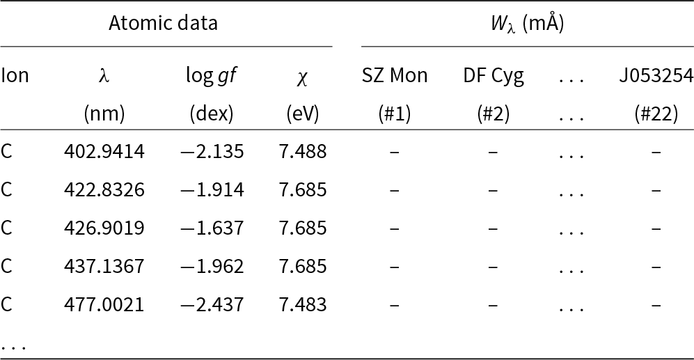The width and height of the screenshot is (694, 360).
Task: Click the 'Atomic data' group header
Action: (x=163, y=23)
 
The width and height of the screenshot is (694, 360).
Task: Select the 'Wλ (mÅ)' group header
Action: (x=527, y=24)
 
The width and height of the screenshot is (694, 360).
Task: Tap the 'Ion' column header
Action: (x=15, y=75)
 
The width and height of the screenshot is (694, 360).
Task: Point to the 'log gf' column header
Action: (x=211, y=76)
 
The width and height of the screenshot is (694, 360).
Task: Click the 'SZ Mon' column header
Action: (x=395, y=75)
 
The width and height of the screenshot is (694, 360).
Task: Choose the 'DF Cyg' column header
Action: (x=494, y=75)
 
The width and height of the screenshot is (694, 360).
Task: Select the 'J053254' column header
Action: (x=656, y=75)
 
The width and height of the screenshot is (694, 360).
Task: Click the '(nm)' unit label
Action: (x=104, y=114)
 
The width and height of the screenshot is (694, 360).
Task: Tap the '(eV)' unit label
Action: (x=302, y=114)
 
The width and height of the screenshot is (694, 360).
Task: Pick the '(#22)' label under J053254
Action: (x=656, y=114)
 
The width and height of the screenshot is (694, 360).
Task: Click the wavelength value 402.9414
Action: (x=104, y=151)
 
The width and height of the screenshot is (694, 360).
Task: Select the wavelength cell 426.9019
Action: (x=104, y=228)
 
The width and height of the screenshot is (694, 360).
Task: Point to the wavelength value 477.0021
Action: (x=104, y=304)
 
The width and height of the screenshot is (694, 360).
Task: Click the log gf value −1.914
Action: (x=211, y=189)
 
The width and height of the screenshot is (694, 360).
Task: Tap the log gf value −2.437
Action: (x=211, y=304)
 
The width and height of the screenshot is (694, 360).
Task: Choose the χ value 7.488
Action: (x=302, y=151)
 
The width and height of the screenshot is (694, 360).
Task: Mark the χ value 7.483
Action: (x=302, y=304)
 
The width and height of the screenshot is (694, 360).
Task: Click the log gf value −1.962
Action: (x=211, y=266)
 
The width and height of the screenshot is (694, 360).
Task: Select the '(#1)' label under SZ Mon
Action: (x=395, y=114)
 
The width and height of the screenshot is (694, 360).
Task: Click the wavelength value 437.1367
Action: (x=104, y=266)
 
